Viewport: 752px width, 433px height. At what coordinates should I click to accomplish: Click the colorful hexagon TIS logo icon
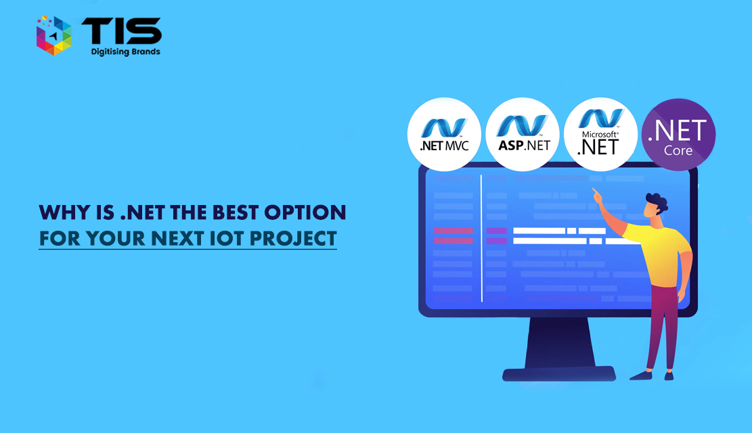click(x=53, y=35)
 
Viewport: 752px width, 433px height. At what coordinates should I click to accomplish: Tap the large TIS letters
click(x=122, y=31)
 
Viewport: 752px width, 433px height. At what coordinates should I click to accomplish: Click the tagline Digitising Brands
click(x=126, y=52)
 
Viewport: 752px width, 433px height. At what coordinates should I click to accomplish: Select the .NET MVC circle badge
click(x=444, y=134)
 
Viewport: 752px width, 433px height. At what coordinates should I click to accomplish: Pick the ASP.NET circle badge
click(x=523, y=134)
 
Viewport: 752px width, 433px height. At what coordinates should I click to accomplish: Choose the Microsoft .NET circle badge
click(x=600, y=134)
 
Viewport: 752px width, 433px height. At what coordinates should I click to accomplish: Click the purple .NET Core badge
click(x=679, y=134)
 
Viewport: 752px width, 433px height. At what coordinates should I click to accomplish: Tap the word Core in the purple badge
click(x=678, y=151)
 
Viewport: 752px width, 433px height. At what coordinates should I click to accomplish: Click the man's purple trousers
click(x=664, y=327)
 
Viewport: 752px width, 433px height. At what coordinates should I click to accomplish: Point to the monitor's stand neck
click(x=559, y=342)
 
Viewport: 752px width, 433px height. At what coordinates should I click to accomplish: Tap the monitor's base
click(x=559, y=374)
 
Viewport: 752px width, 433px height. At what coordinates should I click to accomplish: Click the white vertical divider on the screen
click(x=481, y=238)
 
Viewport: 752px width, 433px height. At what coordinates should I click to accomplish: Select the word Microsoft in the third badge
click(x=600, y=134)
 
